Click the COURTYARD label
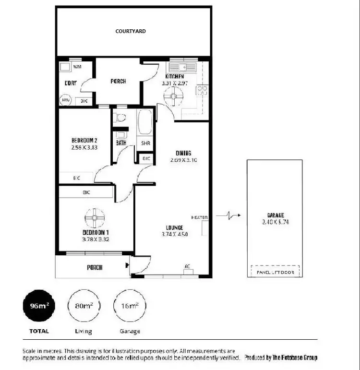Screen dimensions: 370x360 (x=131, y=31)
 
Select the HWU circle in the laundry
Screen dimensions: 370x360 (x=65, y=100)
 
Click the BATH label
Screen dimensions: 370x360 (x=121, y=143)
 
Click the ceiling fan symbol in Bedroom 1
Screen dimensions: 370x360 (x=94, y=219)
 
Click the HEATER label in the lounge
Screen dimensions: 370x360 (x=199, y=217)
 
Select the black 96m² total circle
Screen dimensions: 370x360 (x=39, y=305)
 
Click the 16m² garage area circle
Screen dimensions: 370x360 (x=130, y=305)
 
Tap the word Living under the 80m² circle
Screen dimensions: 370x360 (x=84, y=331)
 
